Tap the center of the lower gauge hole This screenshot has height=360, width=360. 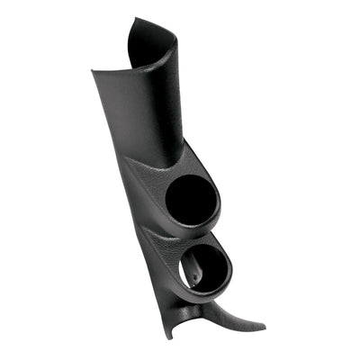pyautogui.click(x=206, y=266)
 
